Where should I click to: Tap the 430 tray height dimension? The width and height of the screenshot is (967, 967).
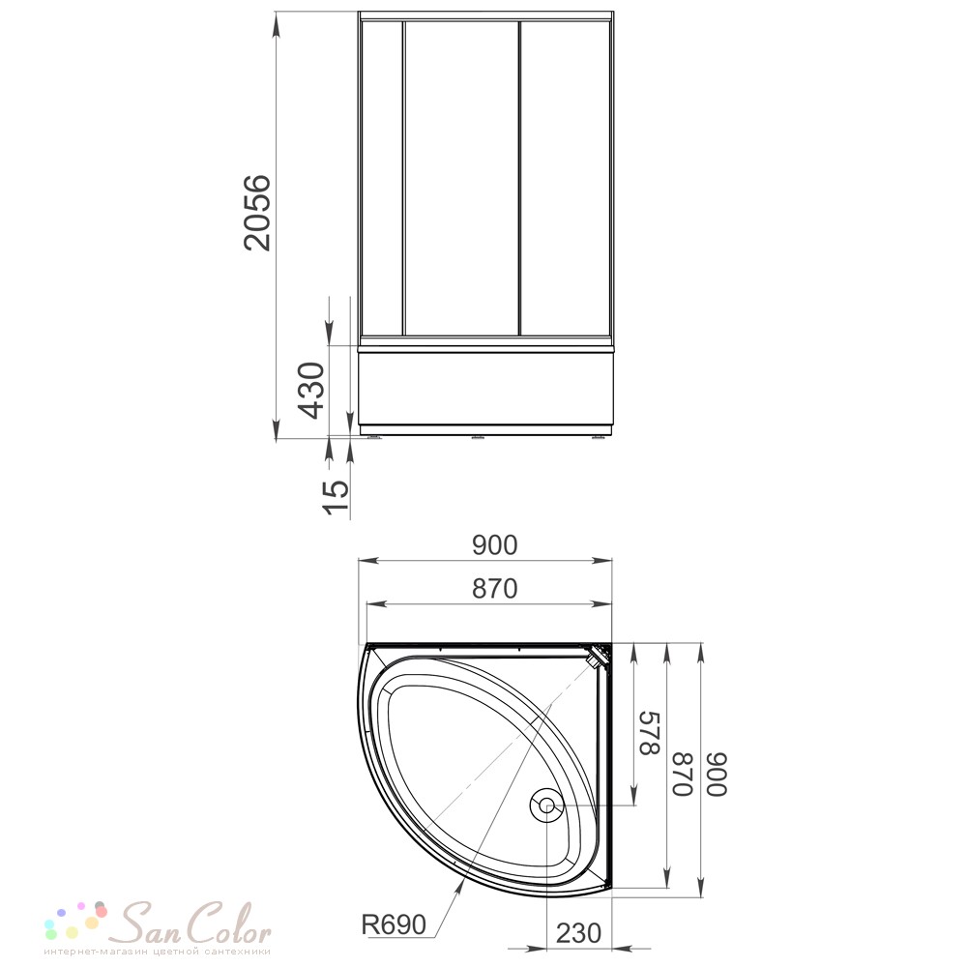click(310, 390)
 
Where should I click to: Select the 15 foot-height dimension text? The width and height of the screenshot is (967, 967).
click(337, 496)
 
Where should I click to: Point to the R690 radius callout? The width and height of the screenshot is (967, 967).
click(394, 924)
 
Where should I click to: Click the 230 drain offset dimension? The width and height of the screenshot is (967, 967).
click(578, 933)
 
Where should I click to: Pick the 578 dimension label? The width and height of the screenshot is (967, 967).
click(650, 733)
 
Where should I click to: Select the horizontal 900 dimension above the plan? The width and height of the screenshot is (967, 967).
click(494, 545)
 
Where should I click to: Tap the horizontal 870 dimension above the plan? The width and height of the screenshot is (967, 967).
click(494, 589)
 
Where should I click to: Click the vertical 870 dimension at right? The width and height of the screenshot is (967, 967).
click(683, 774)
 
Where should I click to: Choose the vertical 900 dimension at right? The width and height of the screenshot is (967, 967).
click(718, 774)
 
